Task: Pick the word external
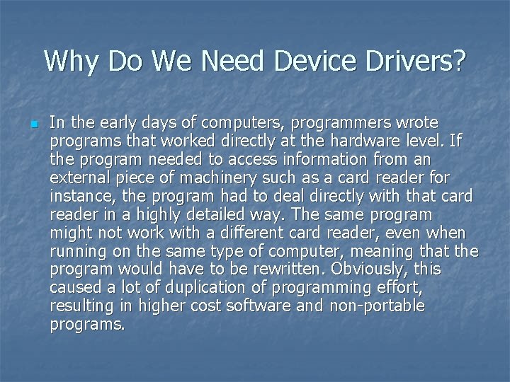(x=77, y=178)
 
